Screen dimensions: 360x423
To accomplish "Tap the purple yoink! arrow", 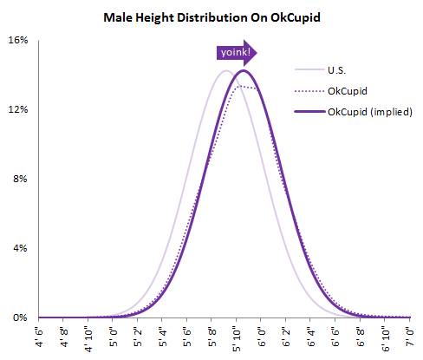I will (x=237, y=53).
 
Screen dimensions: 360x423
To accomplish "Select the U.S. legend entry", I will (x=339, y=69).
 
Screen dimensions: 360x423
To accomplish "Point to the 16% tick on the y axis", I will (x=19, y=41).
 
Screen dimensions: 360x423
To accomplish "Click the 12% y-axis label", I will (x=19, y=110).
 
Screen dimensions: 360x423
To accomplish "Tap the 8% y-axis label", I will (x=22, y=180).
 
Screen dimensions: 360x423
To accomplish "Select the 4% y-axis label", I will (x=22, y=249).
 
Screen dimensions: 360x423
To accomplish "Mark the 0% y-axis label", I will (x=22, y=318).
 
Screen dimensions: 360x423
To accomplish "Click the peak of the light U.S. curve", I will (x=225, y=70).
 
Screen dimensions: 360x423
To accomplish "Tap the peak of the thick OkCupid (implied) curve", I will (x=243, y=70).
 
